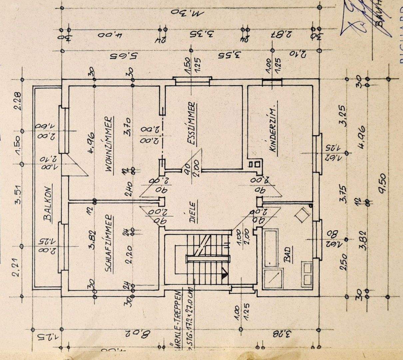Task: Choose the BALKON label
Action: click(x=48, y=203)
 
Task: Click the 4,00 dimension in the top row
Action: click(x=107, y=34)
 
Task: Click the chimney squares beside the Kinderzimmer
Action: click(x=253, y=164)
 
